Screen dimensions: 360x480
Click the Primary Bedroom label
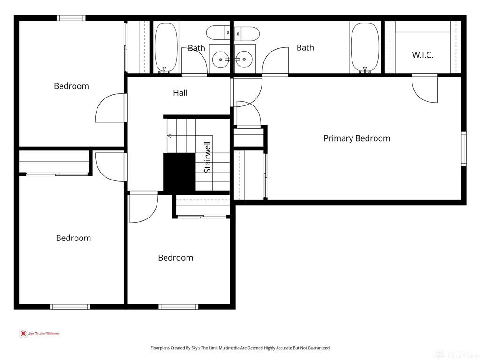[x=357, y=138]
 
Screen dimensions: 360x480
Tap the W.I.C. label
[x=422, y=55]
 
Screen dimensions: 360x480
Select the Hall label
[x=180, y=93]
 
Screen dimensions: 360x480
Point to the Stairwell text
[x=207, y=157]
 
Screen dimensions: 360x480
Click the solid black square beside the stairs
[x=179, y=172]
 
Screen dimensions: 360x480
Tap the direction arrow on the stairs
[x=169, y=136]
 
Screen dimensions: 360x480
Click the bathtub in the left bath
[x=166, y=47]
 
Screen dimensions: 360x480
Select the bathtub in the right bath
[x=365, y=47]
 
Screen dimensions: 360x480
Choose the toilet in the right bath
[x=247, y=33]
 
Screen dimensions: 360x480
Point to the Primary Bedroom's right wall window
[x=464, y=149]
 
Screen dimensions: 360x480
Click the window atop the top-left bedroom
[x=71, y=18]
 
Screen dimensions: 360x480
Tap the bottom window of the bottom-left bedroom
[x=70, y=307]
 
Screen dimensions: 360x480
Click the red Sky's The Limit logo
[x=22, y=334]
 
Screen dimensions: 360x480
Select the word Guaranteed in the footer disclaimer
[x=319, y=348]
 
